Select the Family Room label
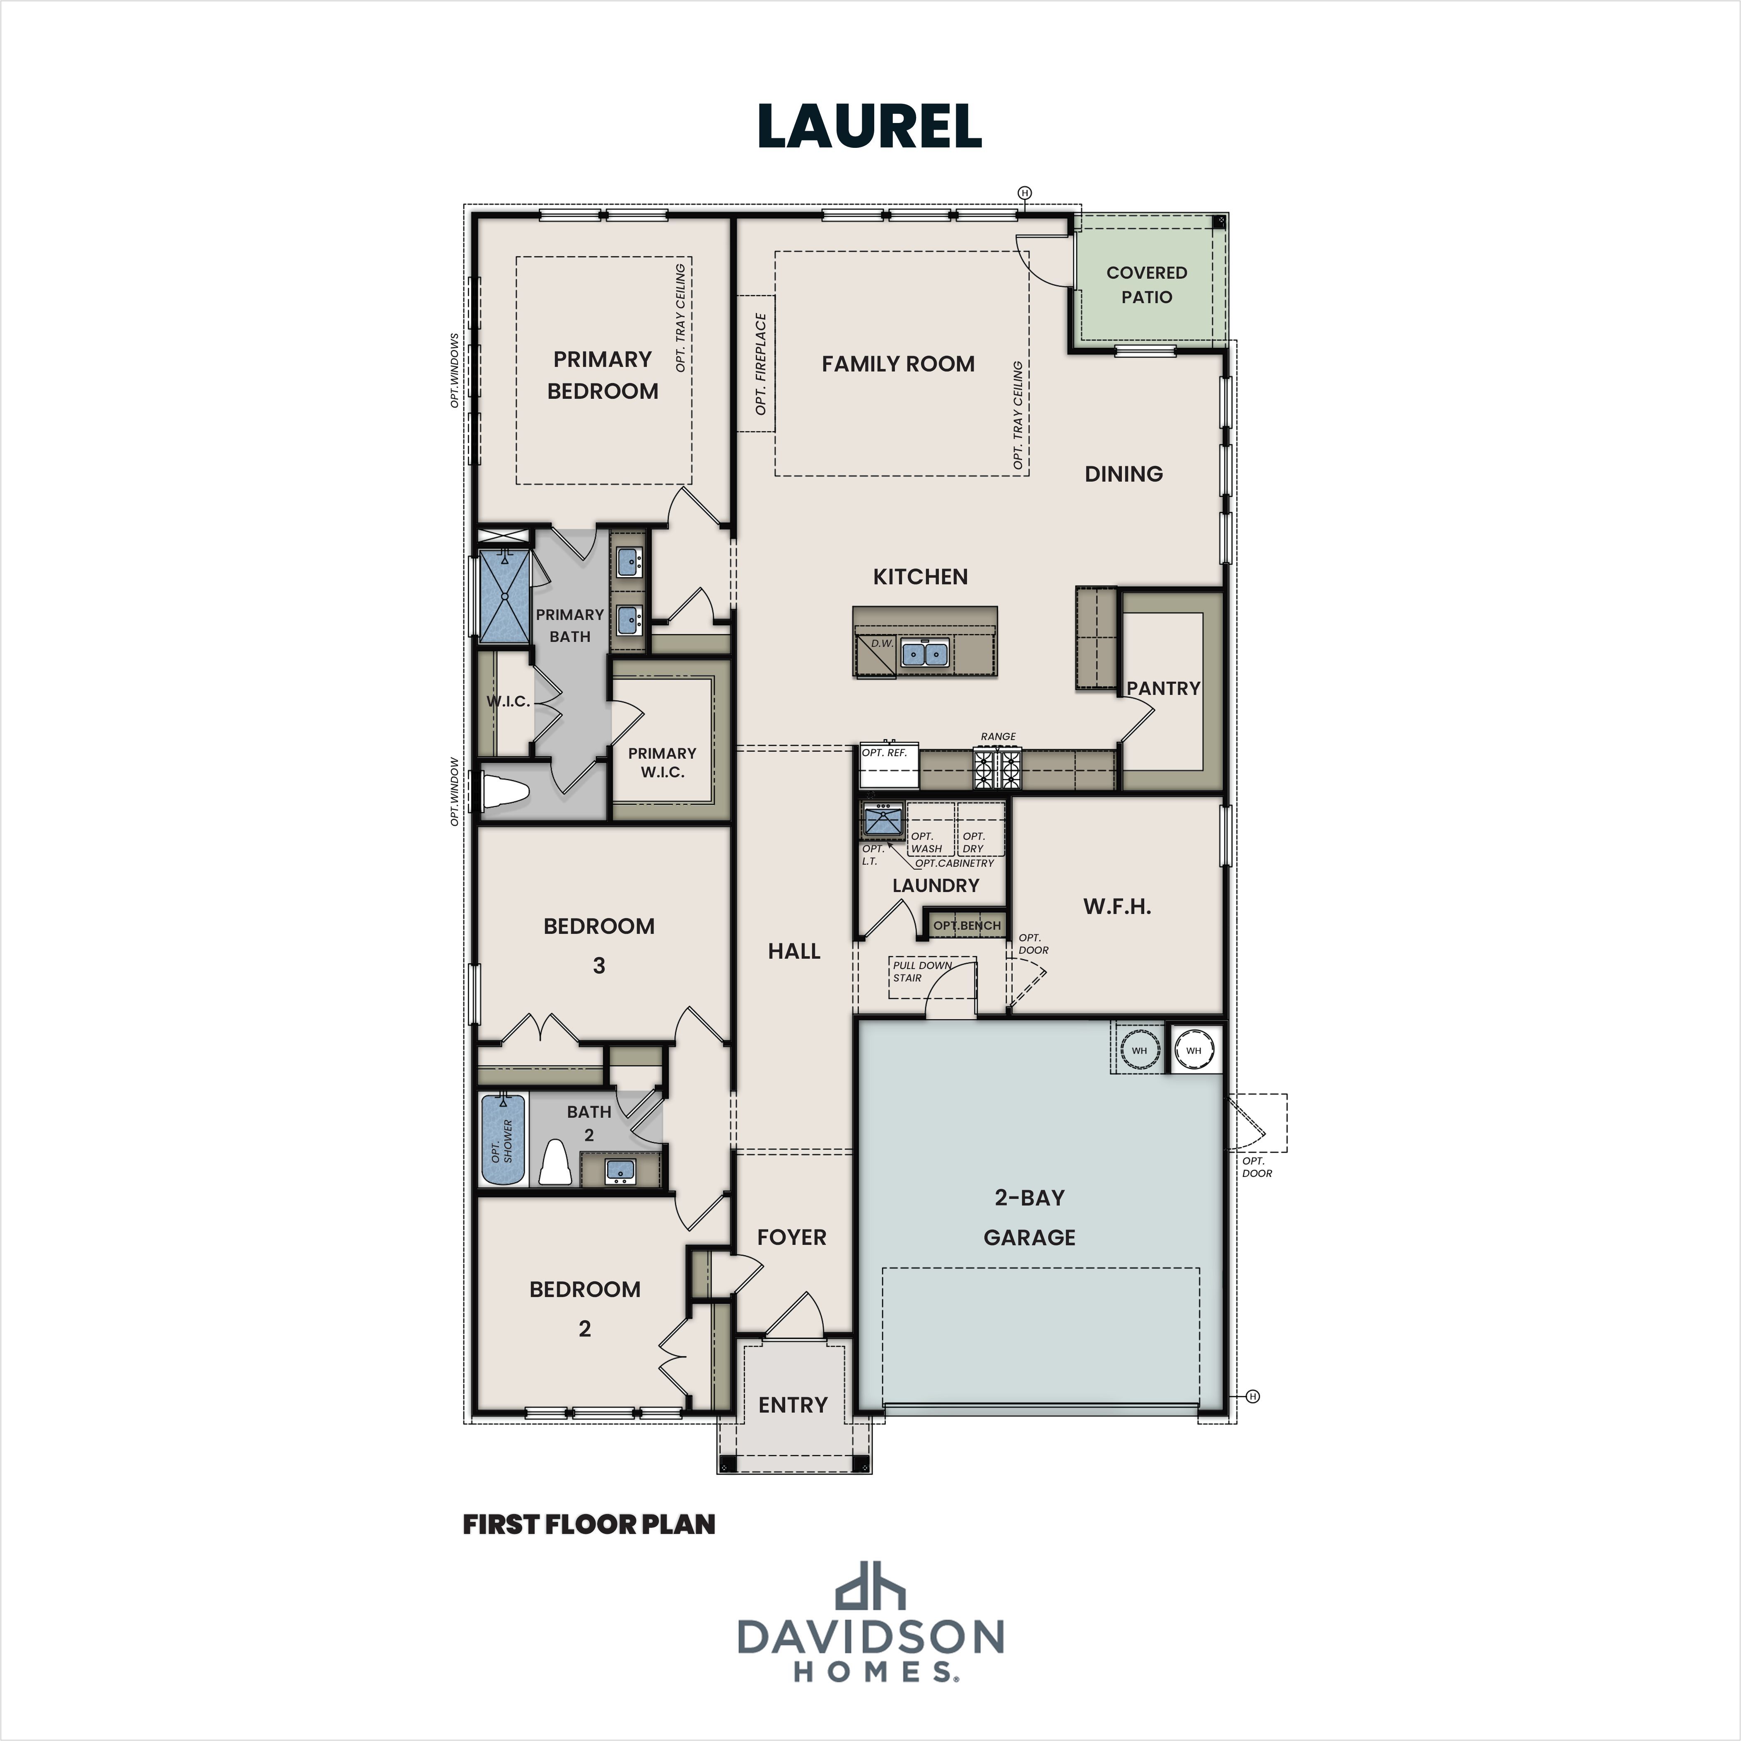pos(897,364)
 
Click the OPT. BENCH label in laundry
pos(966,926)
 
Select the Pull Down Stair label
pos(921,972)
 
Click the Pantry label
pos(1162,688)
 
